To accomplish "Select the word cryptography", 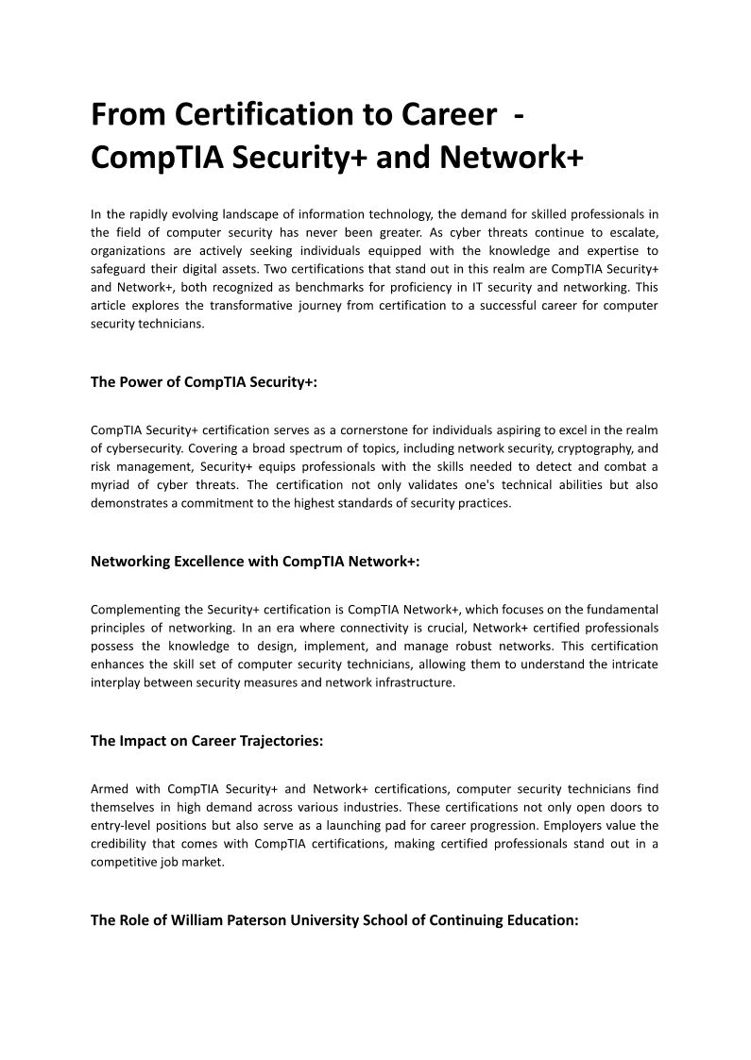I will pos(591,448).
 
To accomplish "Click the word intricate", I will pos(630,664).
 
